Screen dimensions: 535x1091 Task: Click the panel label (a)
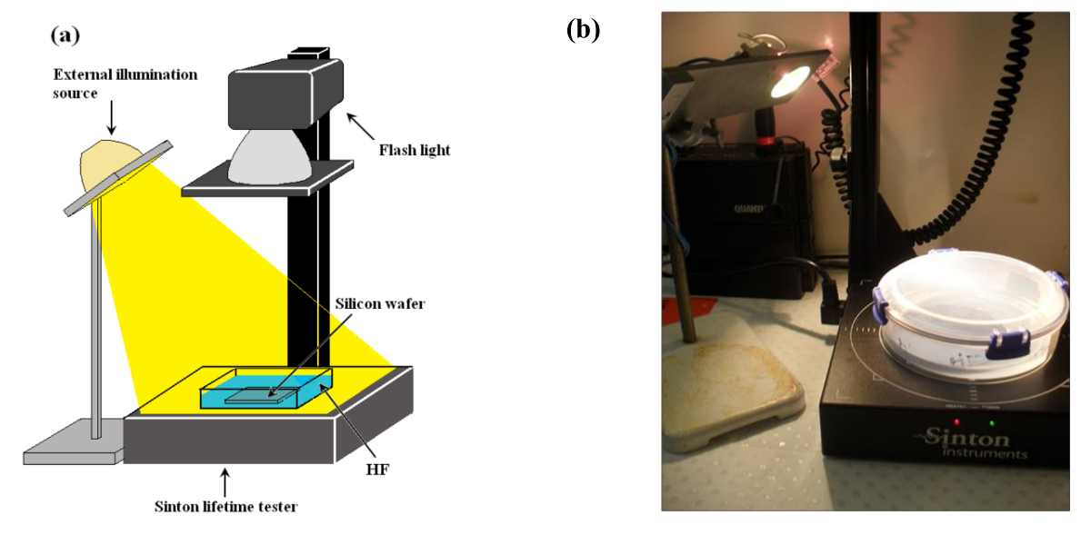tap(65, 35)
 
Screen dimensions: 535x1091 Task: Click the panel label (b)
tap(583, 30)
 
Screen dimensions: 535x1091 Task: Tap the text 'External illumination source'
tap(124, 82)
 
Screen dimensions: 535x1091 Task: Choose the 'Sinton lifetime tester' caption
tap(225, 506)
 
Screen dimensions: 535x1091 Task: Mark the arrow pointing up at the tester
tap(226, 479)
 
